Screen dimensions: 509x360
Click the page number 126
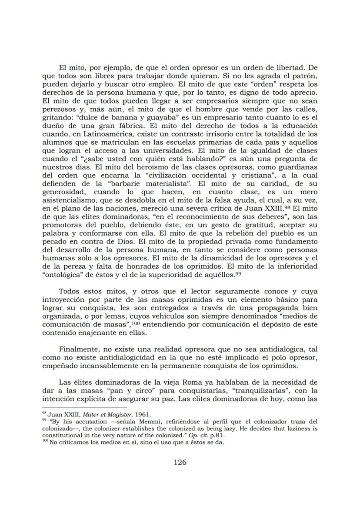[x=180, y=462]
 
